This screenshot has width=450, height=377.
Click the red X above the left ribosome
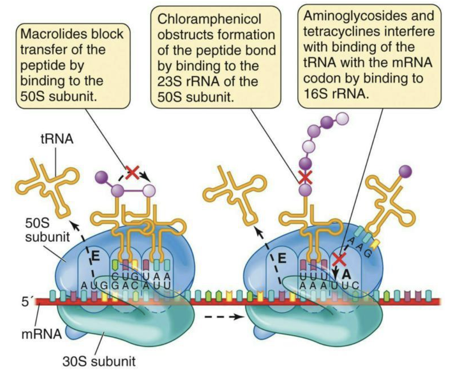[x=132, y=173]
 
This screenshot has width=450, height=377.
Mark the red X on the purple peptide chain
[x=305, y=176]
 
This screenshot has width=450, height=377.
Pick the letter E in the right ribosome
[x=282, y=258]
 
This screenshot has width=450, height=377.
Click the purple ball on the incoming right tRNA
[x=405, y=170]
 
